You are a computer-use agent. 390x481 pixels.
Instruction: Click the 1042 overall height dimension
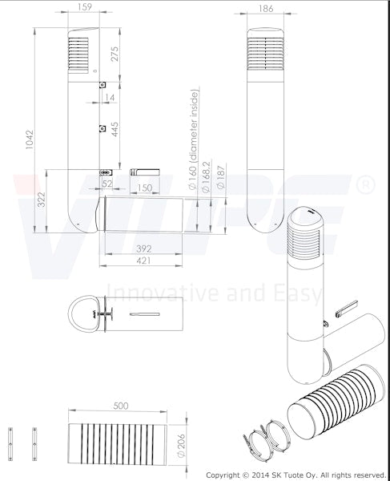(x=30, y=139)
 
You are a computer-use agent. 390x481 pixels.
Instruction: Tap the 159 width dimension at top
(x=84, y=6)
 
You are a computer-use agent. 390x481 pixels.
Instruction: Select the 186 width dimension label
(x=266, y=8)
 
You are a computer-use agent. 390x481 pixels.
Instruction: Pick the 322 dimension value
(x=42, y=200)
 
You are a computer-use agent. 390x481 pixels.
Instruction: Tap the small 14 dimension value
(x=110, y=97)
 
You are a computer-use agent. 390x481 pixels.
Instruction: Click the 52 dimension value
(x=107, y=184)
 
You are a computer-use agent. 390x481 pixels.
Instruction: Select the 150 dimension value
(x=144, y=188)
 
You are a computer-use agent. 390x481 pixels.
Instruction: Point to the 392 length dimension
(x=143, y=249)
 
